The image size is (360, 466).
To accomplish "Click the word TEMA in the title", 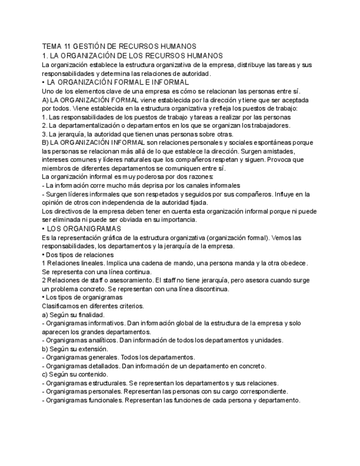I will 52,47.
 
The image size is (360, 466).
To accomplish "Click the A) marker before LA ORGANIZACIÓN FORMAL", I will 45,100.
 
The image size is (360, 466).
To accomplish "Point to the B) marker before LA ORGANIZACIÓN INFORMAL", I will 45,143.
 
